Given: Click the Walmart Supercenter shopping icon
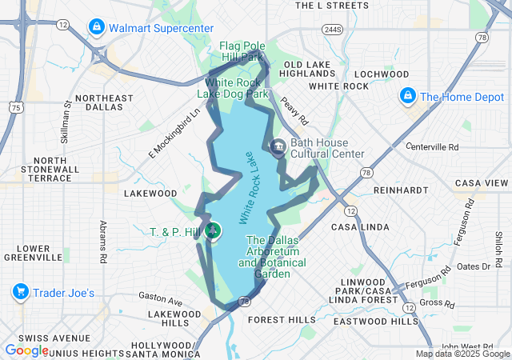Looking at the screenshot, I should point(97,28).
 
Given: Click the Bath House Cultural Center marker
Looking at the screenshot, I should point(278,147).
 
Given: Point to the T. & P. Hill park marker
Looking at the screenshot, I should point(213,232).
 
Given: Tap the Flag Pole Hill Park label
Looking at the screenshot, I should point(242,51).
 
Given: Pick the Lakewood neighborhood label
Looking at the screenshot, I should point(150,193).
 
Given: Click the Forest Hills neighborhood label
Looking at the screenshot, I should point(282,319).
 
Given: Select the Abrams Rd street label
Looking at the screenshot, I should point(102,242).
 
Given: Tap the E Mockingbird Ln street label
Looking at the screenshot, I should point(174,133).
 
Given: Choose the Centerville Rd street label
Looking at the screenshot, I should point(433,147).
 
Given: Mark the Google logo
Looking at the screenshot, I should point(26,350).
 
